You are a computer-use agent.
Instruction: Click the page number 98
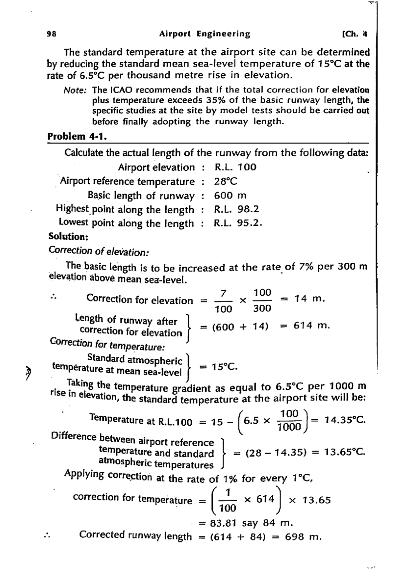(51, 34)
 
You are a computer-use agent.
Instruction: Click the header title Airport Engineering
(205, 34)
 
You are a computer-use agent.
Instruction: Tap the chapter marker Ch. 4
(354, 34)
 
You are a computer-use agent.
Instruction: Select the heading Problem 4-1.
(77, 136)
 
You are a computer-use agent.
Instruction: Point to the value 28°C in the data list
(226, 182)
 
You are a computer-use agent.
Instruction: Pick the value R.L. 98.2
(237, 209)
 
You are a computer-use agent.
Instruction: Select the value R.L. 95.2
(238, 223)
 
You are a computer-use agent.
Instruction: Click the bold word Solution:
(68, 237)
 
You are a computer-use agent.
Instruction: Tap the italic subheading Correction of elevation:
(99, 251)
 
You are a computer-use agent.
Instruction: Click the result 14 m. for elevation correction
(309, 299)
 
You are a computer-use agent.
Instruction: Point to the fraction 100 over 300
(262, 300)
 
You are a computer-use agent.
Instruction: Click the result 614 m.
(311, 325)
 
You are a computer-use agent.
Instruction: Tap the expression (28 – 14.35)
(276, 453)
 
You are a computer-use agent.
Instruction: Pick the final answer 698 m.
(303, 537)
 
